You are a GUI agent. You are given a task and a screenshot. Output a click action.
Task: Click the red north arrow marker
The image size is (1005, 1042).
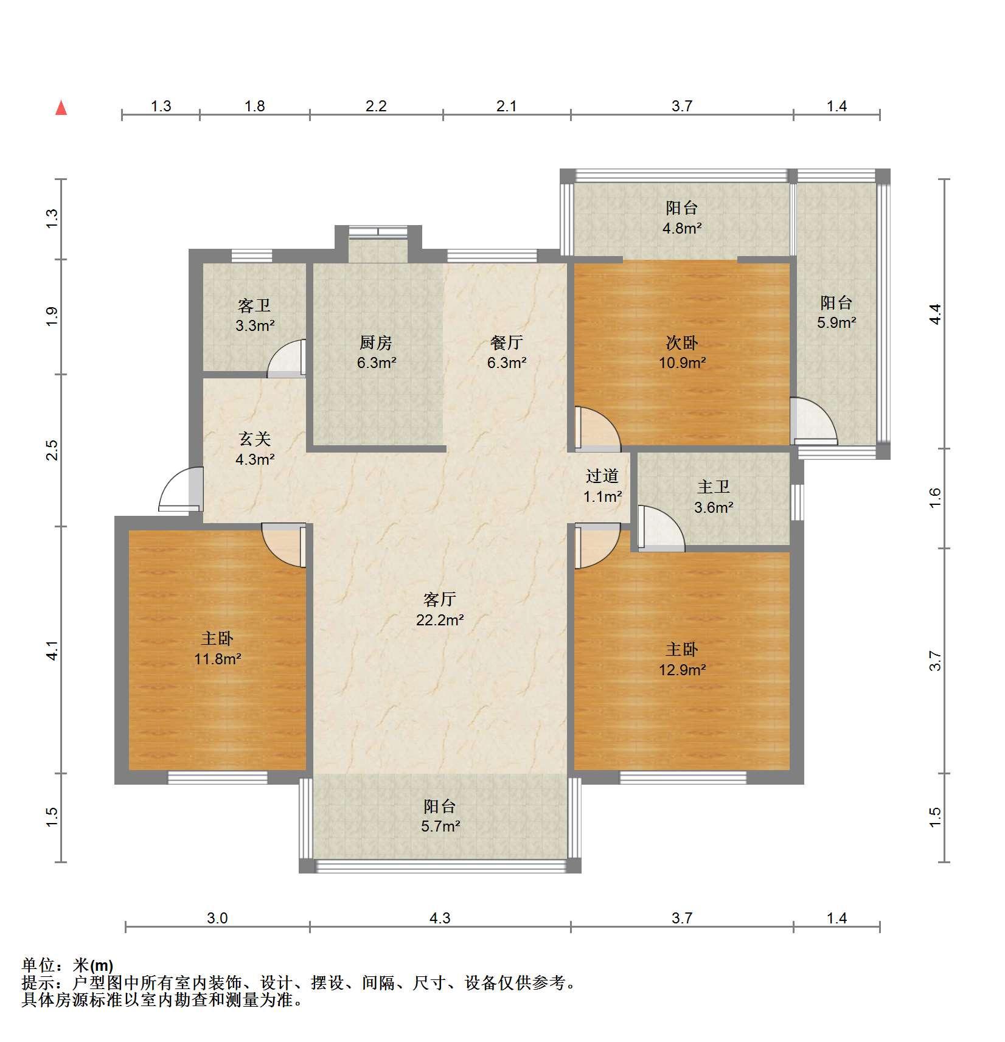click(61, 108)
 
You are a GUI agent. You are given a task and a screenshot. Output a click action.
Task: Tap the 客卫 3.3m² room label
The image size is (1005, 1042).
click(255, 315)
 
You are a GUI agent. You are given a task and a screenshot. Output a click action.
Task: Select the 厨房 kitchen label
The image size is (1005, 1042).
click(377, 353)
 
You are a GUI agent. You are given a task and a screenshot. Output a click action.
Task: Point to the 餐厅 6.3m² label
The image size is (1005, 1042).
click(507, 353)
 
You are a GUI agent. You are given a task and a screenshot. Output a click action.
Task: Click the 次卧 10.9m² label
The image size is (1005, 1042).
click(682, 353)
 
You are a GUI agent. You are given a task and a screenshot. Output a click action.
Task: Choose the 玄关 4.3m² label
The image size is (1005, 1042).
click(255, 449)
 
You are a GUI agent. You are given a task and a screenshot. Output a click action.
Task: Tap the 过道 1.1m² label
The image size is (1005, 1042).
click(602, 486)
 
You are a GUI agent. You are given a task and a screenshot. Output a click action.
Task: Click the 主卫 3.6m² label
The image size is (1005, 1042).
click(714, 497)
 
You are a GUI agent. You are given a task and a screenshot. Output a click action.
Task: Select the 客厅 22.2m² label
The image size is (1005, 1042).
click(440, 610)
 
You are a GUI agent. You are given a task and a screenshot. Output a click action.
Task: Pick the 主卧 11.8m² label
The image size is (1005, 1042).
click(218, 648)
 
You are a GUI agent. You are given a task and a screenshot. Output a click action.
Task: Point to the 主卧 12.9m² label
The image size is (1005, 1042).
click(682, 659)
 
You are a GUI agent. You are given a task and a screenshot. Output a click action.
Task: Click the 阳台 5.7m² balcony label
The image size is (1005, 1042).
click(440, 816)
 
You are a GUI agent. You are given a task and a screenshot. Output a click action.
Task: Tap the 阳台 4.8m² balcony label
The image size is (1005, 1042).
click(682, 218)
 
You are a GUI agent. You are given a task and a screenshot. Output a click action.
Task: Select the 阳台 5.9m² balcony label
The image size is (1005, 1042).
click(836, 312)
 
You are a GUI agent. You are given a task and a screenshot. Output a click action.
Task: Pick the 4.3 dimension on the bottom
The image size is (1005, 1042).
click(440, 918)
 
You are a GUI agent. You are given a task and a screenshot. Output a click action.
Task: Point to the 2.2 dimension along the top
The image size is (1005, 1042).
click(376, 106)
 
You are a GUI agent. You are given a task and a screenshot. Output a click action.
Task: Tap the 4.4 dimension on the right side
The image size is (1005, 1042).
click(936, 314)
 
